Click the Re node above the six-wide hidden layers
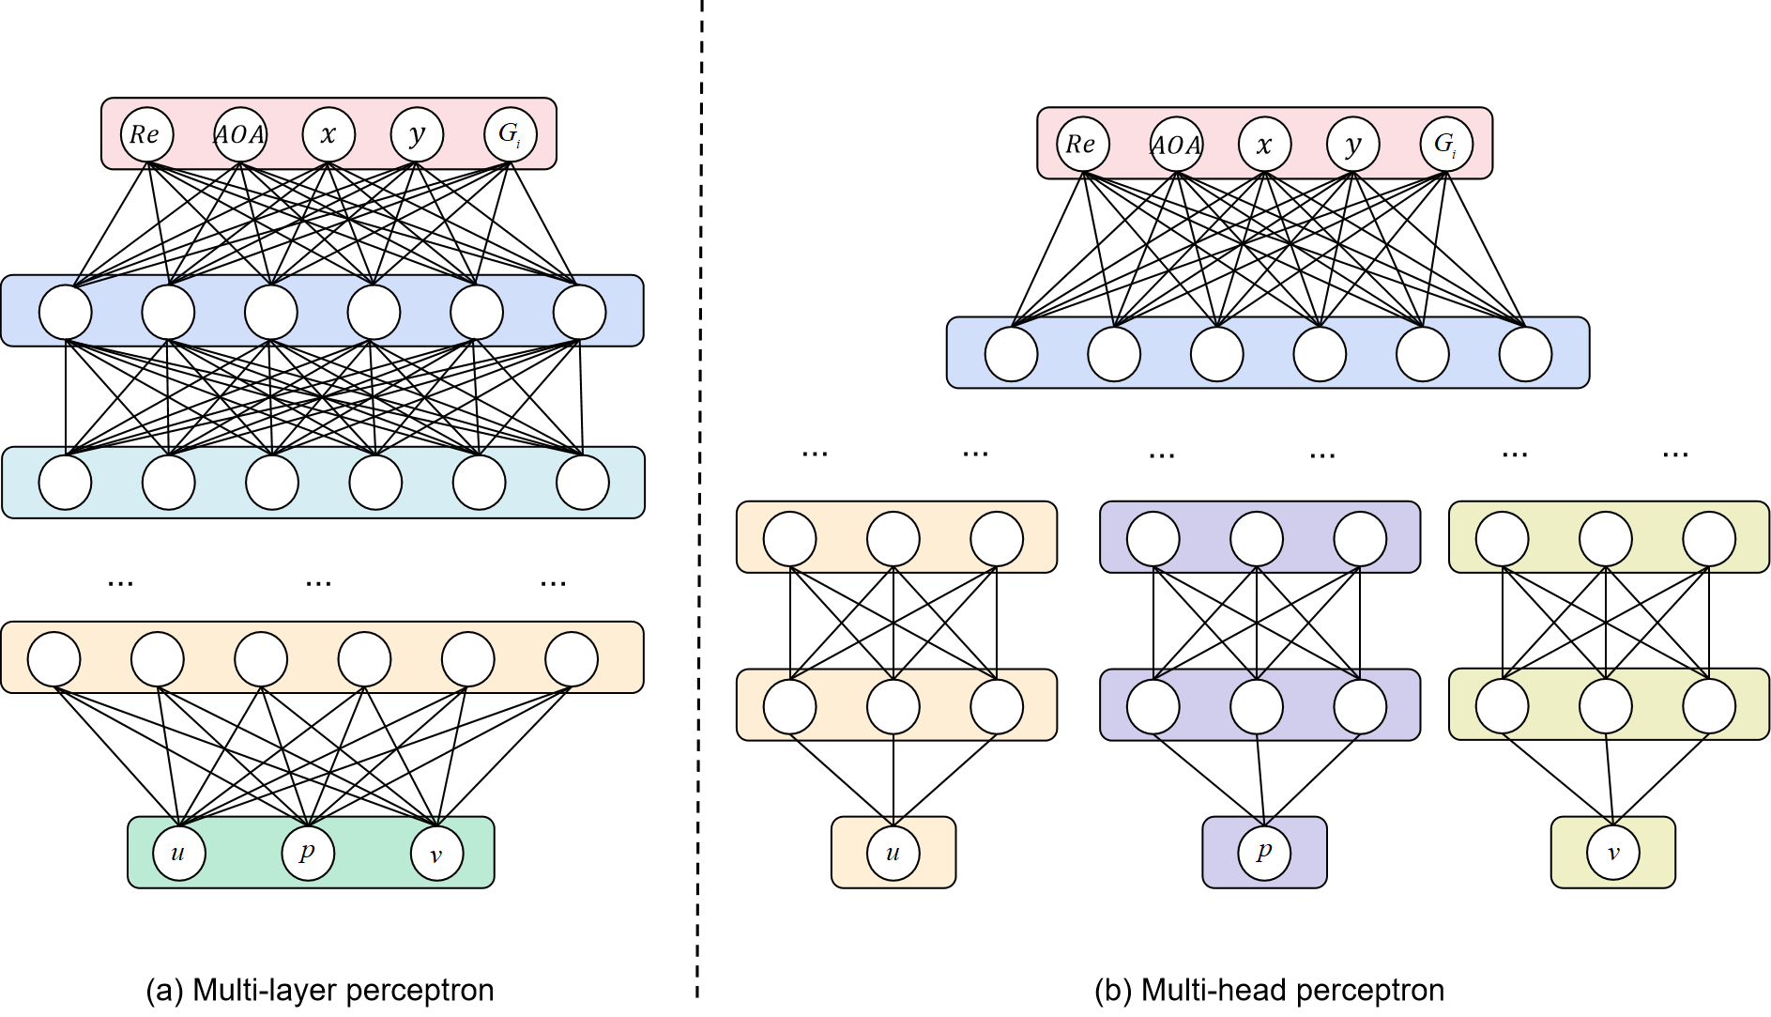(147, 134)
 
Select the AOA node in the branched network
(1176, 145)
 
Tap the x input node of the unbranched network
(328, 134)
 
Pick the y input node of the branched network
(1352, 145)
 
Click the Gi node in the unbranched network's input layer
(511, 134)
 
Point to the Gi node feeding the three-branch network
(1446, 145)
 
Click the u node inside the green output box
(179, 854)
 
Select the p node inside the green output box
(308, 854)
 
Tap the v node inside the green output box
(436, 854)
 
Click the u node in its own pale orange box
(893, 854)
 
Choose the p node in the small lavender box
(1264, 854)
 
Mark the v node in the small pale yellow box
(1612, 854)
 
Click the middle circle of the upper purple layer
(1257, 539)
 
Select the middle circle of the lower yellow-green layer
(1606, 706)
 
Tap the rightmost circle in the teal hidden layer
(583, 483)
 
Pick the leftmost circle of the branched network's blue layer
(1011, 354)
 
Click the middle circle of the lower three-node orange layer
(893, 707)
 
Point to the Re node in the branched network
(1083, 145)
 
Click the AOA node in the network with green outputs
(240, 134)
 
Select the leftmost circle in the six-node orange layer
(54, 659)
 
